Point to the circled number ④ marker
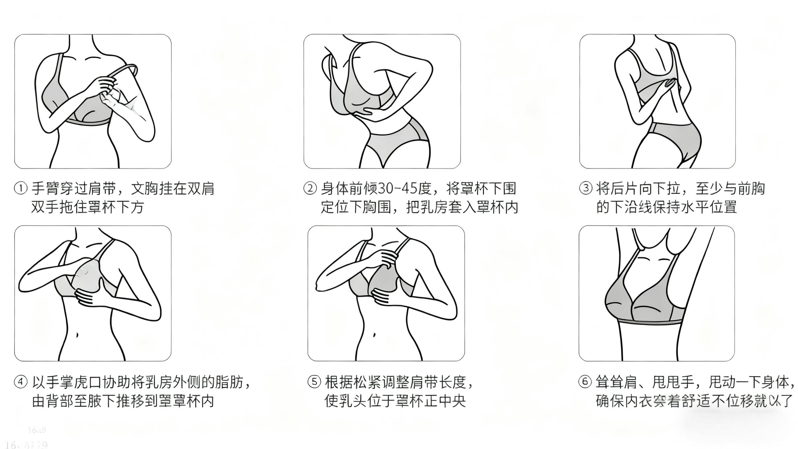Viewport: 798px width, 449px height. [x=21, y=382]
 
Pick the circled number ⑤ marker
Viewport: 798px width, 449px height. [x=314, y=382]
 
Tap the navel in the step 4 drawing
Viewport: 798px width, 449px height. [x=77, y=335]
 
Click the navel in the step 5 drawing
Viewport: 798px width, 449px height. [x=374, y=335]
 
